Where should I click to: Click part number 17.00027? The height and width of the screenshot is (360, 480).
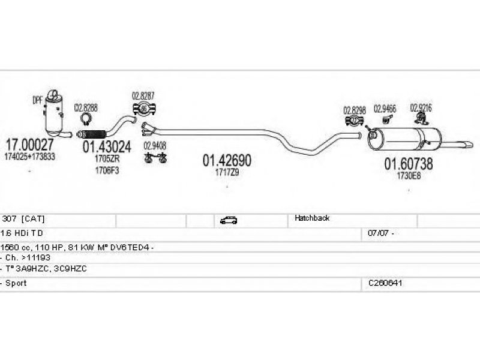29,145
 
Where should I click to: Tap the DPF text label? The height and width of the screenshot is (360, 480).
37,101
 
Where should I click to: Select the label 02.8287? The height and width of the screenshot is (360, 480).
143,95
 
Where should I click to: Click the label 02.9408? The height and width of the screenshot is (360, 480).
155,145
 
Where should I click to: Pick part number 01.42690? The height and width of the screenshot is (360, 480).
226,160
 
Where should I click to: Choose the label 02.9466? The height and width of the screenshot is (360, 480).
385,109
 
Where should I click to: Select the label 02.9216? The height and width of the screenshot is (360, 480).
421,108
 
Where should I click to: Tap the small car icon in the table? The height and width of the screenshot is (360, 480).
228,220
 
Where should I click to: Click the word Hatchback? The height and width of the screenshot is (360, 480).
311,218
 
